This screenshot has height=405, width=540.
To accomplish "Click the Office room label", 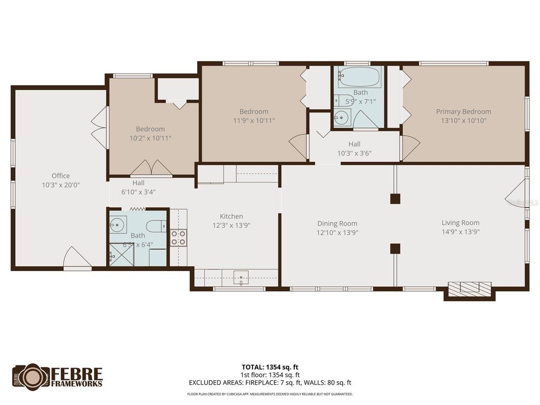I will point(61,176).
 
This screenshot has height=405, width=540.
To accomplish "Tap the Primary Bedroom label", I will point(463,111).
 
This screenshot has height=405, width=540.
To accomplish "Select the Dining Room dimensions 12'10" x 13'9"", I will point(337,232).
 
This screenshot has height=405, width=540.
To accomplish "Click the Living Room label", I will point(460,223).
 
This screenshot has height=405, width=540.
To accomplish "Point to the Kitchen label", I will point(231,216).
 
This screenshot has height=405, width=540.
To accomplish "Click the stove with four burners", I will point(178,237).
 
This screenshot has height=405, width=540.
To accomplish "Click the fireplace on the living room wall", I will point(469,288).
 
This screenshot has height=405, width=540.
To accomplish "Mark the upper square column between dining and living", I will point(395,199).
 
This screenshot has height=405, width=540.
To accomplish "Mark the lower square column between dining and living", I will point(395,248).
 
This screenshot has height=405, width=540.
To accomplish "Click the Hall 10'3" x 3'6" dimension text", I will point(354,153).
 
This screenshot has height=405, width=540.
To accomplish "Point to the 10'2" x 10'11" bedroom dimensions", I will point(150,138).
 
